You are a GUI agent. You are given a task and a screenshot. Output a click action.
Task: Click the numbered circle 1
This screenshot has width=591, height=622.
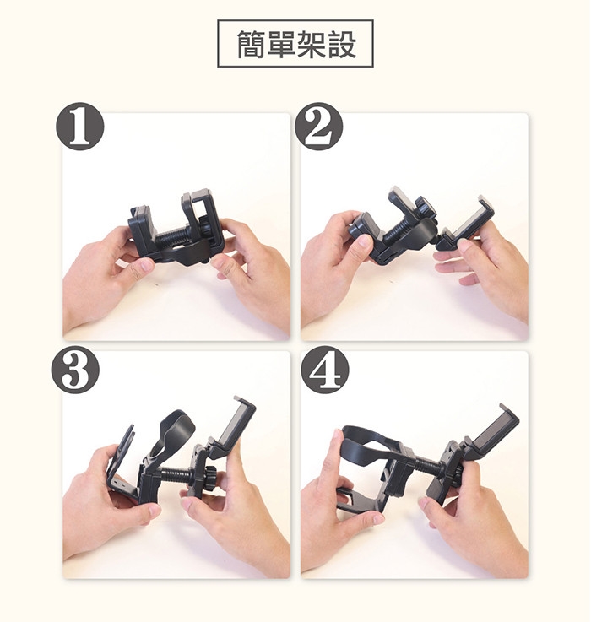point(79,127)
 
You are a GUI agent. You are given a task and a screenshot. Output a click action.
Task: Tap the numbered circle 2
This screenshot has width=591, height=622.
point(319,127)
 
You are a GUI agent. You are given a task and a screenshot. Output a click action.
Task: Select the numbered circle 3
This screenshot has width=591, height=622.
point(75,370)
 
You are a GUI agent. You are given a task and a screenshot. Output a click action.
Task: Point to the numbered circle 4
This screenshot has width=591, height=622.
point(325,370)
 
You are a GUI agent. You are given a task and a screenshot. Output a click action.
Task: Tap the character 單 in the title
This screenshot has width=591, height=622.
point(281,44)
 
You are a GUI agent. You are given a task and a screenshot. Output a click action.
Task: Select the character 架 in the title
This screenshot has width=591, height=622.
point(311,44)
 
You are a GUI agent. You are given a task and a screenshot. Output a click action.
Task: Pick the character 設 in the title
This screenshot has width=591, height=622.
point(340,44)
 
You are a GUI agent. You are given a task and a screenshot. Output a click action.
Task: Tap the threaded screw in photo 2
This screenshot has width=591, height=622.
point(399,228)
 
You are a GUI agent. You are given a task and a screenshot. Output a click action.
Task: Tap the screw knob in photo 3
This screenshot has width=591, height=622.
point(208,475)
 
